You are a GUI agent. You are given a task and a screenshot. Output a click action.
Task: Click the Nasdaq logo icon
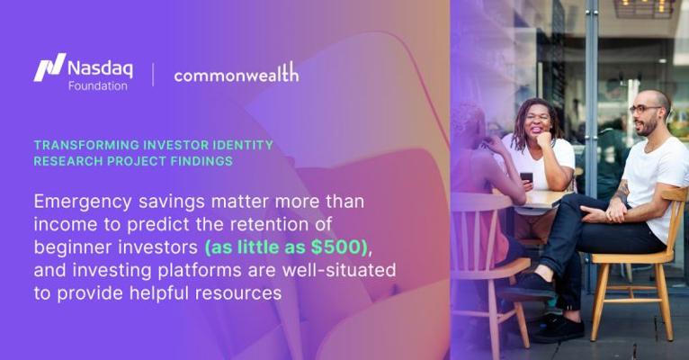pyautogui.click(x=49, y=67)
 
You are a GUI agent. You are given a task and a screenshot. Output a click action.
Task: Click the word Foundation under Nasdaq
pyautogui.click(x=97, y=85)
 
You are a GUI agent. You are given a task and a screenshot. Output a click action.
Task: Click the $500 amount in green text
pyautogui.click(x=336, y=247)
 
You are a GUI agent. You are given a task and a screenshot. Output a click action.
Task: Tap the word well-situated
pyautogui.click(x=339, y=270)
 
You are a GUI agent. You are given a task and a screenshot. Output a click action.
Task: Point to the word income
pyautogui.click(x=58, y=225)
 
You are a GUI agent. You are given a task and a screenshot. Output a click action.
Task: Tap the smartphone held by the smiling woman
pyautogui.click(x=526, y=177)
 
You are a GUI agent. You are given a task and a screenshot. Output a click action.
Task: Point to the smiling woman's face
pyautogui.click(x=537, y=121)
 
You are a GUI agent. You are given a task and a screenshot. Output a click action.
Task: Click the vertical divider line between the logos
pyautogui.click(x=153, y=75)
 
